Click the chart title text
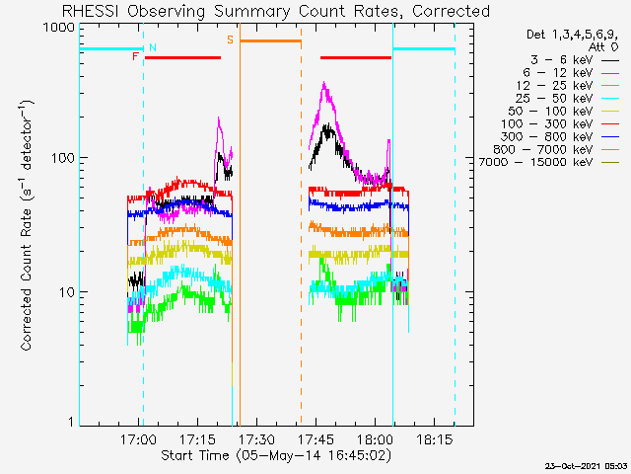click(276, 11)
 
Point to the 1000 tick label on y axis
click(59, 27)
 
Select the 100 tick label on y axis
click(63, 158)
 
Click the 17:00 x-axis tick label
click(138, 438)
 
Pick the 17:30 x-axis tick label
click(256, 438)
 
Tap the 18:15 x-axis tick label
click(434, 438)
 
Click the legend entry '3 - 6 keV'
click(574, 60)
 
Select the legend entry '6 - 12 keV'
click(571, 73)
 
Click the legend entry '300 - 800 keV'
click(560, 136)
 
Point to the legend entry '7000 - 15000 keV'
click(548, 162)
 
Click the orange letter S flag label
click(230, 39)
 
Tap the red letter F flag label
click(135, 56)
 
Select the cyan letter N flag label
click(153, 47)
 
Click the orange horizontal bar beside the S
click(270, 41)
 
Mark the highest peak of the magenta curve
click(324, 82)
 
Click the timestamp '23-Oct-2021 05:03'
click(586, 466)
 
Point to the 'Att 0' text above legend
click(602, 47)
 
